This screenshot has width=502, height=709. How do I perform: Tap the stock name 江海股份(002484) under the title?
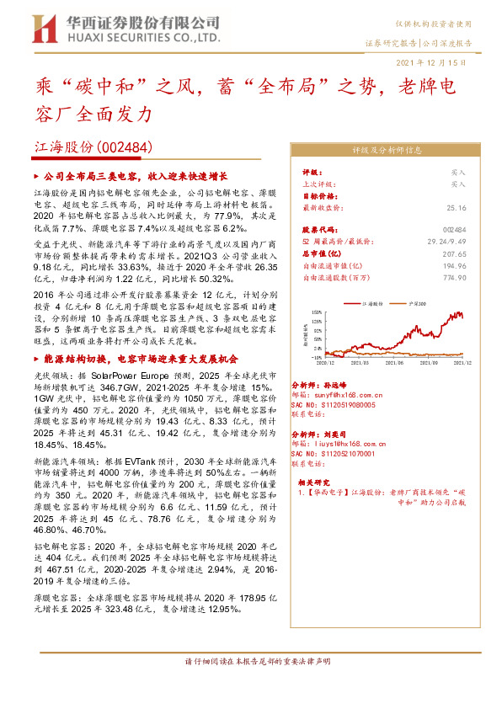coord(93,146)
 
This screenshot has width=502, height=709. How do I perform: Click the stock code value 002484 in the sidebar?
coord(454,229)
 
